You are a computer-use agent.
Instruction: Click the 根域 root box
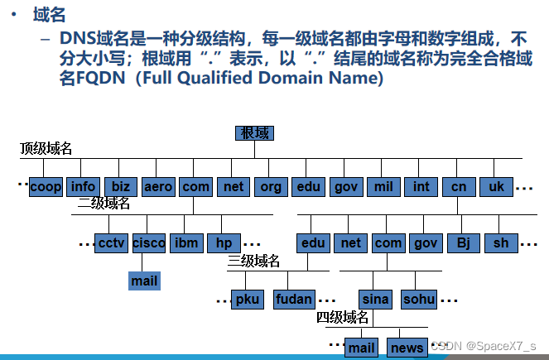254,133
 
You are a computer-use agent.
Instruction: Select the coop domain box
46,187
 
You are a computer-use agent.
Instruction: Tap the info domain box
83,187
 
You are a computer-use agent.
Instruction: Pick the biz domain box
121,187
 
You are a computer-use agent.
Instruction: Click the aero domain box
158,187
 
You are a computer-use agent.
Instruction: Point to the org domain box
271,187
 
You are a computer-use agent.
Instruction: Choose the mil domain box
383,187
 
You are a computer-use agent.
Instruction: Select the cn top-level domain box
459,187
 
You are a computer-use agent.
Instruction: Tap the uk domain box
496,187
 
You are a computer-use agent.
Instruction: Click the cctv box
111,243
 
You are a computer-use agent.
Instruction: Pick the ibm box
186,243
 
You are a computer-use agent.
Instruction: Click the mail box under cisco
144,281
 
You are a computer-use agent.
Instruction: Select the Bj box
464,243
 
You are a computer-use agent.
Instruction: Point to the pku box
247,300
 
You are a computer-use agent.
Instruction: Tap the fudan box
294,300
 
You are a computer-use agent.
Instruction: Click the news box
407,348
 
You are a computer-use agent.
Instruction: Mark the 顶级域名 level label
46,149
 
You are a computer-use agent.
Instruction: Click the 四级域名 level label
342,317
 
